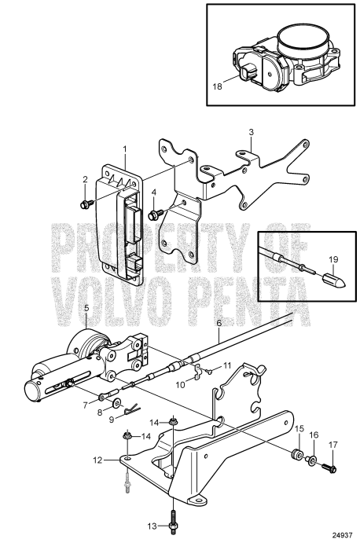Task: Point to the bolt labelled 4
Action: pyautogui.click(x=157, y=213)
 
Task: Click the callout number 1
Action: pyautogui.click(x=123, y=149)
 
